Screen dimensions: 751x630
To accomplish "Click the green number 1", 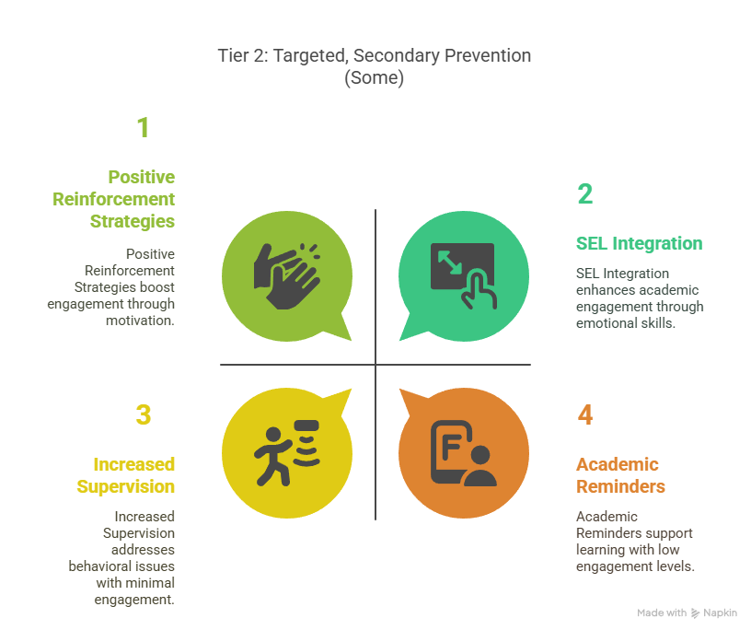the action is (144, 128).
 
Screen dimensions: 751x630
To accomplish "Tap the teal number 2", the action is (585, 193).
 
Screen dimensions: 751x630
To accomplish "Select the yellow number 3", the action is (144, 414).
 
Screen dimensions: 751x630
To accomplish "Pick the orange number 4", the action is (585, 414).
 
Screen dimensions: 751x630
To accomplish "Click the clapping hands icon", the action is (286, 276).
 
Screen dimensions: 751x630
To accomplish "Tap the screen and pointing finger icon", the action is (464, 276).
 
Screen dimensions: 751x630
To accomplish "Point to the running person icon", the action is (286, 453).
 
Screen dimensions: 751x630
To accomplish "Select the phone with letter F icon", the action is (464, 453).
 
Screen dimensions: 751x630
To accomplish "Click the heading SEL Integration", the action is (639, 243).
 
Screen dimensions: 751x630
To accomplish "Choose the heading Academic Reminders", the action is (620, 475).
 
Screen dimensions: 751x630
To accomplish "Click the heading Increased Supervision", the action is (126, 475).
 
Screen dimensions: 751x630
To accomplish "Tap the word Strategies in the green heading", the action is (133, 221).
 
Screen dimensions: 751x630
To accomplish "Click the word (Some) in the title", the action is (374, 77).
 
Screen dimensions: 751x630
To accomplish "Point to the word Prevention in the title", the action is (488, 55).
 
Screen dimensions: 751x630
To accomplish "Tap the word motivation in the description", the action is (140, 321).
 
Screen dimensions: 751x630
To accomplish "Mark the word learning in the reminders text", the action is (600, 550).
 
